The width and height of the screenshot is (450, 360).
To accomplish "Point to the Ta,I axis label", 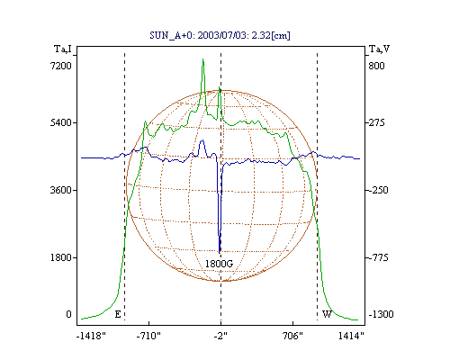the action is coord(63,49).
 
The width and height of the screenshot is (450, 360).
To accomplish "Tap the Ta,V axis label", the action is coord(379,49).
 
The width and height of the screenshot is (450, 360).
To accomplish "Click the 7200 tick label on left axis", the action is coord(61,66).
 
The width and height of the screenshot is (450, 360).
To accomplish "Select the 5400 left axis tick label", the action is coord(61,122).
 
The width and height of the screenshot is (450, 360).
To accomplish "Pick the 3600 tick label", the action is coord(61,190).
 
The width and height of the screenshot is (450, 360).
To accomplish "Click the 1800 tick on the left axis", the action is coord(61,257).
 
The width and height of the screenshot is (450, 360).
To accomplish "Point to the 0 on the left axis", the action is coord(68,314).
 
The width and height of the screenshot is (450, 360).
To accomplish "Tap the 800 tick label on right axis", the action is coord(376,66).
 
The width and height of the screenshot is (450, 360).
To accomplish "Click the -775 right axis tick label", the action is coord(378,257).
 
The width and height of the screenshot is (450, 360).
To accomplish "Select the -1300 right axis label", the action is coord(381,314).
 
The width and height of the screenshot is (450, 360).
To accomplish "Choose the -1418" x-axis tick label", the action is coord(91,336).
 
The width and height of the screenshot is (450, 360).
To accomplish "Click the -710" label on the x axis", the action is coord(148,336).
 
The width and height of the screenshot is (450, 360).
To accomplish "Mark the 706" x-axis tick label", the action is coord(292,336).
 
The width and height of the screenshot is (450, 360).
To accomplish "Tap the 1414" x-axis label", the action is coord(351,336).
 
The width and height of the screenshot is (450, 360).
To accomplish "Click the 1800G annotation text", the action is coord(219,264).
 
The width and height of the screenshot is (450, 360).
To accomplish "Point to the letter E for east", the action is coord(118,314).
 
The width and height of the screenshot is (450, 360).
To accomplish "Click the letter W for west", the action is coord(327,314).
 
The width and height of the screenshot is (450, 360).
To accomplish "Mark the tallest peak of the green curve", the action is coord(203,59).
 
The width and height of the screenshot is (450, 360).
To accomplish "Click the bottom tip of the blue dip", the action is coord(220,253).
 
